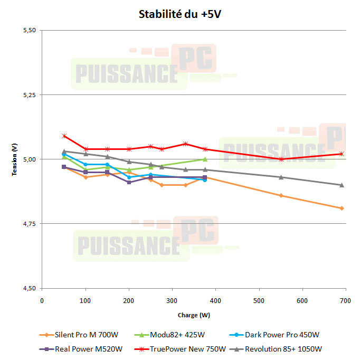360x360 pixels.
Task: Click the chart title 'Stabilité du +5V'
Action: tap(179, 14)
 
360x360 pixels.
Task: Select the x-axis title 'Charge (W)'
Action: tap(193, 315)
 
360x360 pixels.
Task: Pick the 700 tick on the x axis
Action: tap(345, 300)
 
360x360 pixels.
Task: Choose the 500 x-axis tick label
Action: tap(259, 300)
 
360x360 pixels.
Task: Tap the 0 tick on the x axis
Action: tap(42, 300)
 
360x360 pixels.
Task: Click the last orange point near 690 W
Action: tap(342, 209)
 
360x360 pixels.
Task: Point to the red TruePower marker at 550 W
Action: tap(281, 159)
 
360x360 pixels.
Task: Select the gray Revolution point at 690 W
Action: tap(342, 185)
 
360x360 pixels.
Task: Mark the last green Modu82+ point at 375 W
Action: tap(205, 159)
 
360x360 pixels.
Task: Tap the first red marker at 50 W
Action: tap(64, 136)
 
